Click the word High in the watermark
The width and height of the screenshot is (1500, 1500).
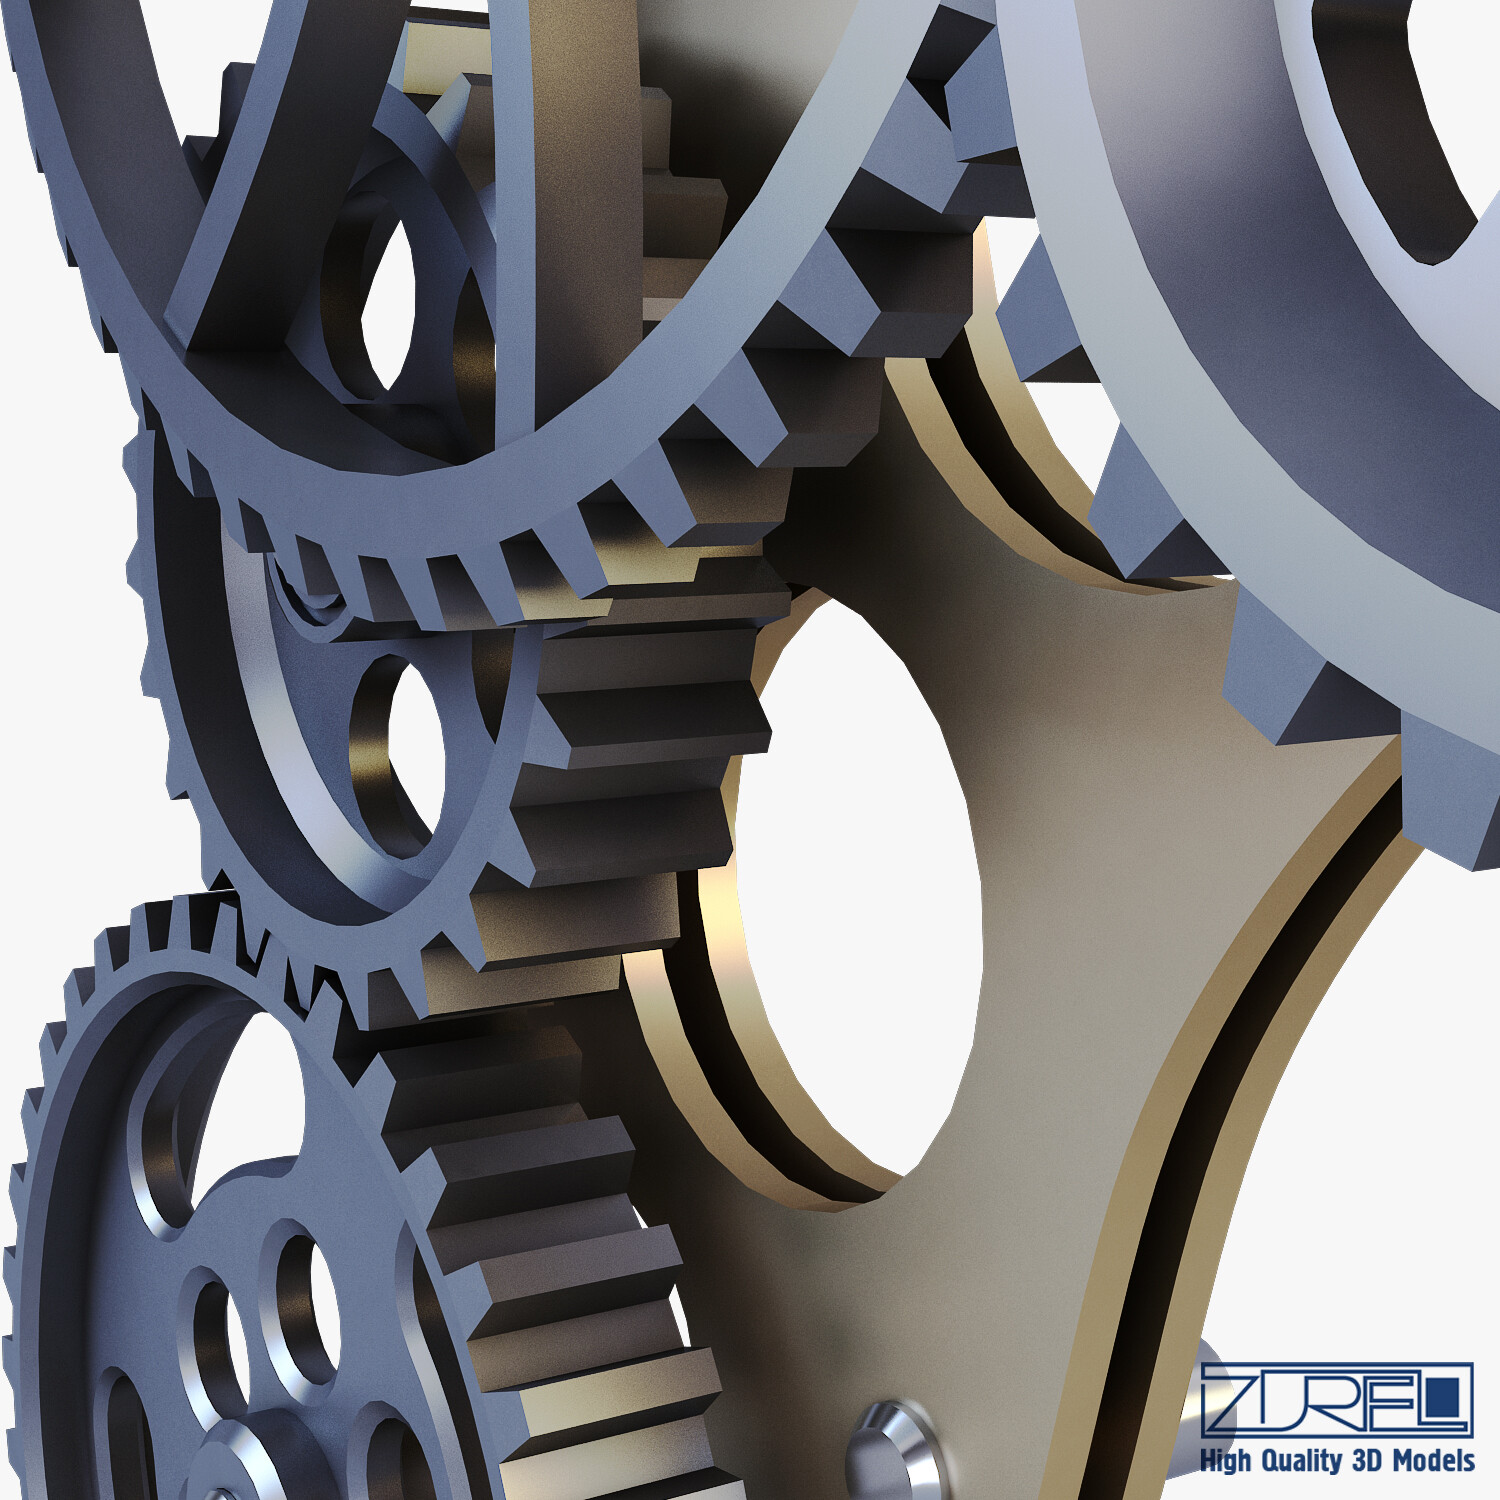1226,1461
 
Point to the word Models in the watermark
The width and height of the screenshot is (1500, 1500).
1434,1461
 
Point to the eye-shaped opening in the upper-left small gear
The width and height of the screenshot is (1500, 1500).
390,300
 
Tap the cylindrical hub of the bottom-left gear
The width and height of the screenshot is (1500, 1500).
240,1460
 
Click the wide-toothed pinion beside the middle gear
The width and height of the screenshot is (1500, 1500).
640,760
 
